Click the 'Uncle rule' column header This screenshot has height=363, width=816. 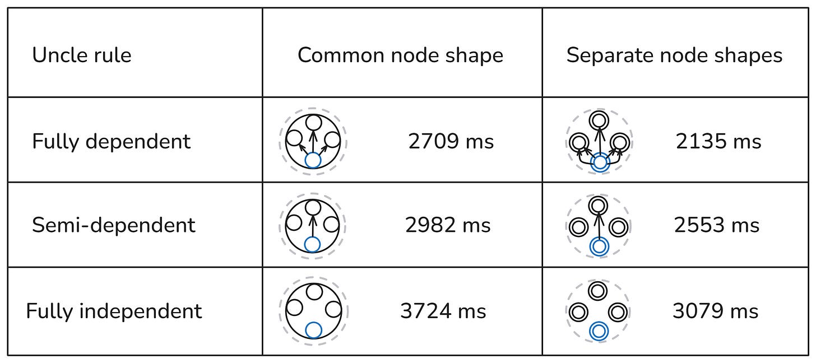82,55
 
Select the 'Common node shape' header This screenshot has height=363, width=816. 400,55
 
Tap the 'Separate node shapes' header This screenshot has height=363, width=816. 674,55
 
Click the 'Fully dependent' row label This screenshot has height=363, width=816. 112,141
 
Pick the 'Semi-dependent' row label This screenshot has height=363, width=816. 114,225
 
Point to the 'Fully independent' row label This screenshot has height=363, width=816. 114,311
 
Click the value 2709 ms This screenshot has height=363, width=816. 451,141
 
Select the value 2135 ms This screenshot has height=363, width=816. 718,141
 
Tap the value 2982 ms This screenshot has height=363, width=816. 448,225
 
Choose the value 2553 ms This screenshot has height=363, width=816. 717,225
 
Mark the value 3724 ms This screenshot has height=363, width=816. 443,311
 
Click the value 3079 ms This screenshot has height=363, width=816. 715,311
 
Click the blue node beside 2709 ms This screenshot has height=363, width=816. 313,160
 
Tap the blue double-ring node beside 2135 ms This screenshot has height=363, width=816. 600,162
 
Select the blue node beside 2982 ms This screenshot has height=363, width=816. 313,244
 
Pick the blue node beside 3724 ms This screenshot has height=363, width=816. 314,331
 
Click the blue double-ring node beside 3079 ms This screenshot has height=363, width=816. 599,331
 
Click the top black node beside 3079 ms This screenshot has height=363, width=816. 599,291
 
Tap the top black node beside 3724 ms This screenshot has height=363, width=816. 314,291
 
